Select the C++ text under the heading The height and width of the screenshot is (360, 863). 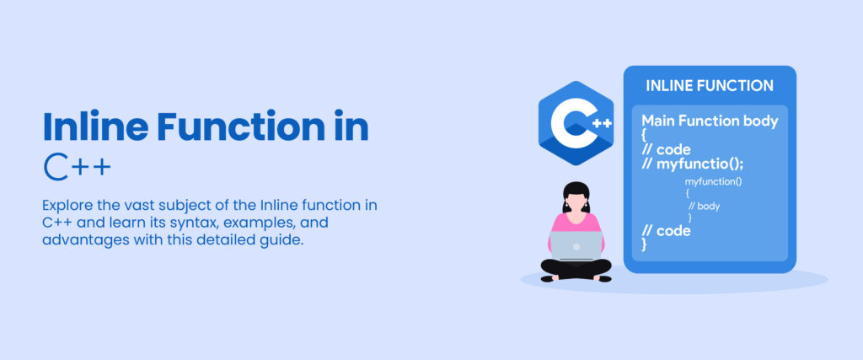[77, 167]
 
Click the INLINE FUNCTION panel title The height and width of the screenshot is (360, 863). [709, 86]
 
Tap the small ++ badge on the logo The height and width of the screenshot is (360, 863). [601, 123]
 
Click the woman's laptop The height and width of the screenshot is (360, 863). [576, 245]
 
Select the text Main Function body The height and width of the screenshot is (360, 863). [710, 121]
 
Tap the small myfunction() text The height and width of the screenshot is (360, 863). [713, 181]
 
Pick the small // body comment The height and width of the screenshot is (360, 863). [704, 206]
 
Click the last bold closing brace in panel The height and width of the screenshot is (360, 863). [645, 244]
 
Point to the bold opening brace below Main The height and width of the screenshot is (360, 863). [645, 135]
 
